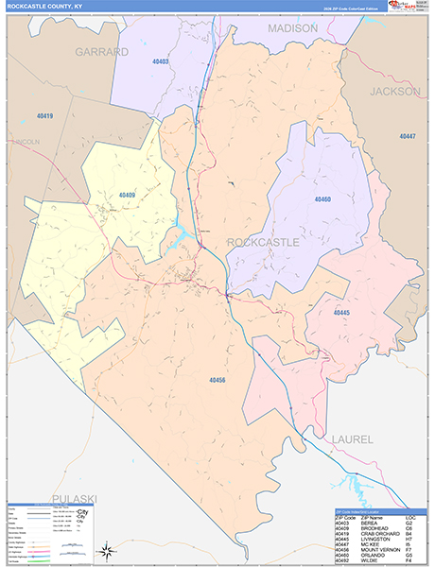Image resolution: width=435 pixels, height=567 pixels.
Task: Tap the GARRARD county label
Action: tap(101, 52)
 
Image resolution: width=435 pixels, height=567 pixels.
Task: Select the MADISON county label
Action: tap(292, 29)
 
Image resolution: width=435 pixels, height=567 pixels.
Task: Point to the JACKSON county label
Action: tap(395, 92)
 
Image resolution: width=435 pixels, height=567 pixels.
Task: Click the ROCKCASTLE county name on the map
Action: tap(263, 242)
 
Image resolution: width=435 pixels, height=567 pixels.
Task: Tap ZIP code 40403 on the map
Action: tap(160, 61)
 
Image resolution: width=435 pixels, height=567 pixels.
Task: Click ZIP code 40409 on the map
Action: tap(127, 196)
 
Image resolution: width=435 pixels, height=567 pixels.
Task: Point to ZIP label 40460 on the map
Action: tap(322, 199)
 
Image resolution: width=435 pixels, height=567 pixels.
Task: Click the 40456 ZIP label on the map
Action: tap(217, 379)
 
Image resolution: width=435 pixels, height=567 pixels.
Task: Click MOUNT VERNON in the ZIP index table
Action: tap(377, 548)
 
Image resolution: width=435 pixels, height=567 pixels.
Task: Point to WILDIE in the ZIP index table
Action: tap(369, 559)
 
